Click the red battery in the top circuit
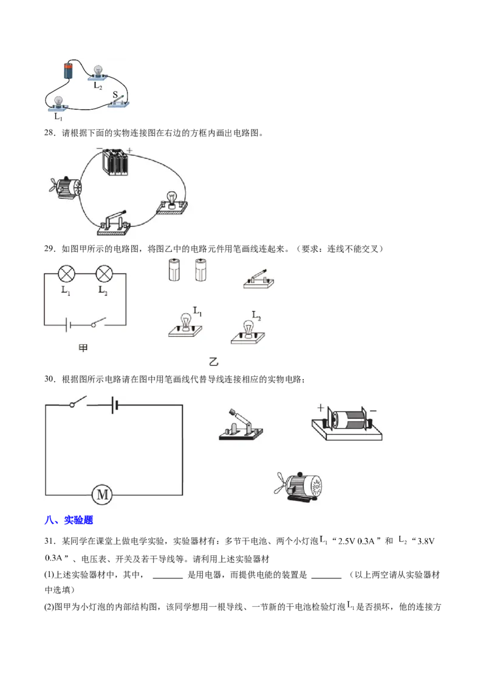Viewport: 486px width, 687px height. click(x=69, y=70)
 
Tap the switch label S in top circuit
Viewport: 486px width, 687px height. click(x=115, y=94)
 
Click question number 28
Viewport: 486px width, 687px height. click(x=50, y=133)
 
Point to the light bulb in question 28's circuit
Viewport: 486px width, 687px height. click(x=172, y=203)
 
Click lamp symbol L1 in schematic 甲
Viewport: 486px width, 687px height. click(x=67, y=274)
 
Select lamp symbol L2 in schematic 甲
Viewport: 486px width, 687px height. click(x=104, y=274)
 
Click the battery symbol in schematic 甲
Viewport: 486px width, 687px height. click(x=68, y=325)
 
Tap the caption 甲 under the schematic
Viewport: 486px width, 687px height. click(x=83, y=348)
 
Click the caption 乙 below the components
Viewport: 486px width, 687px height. click(x=214, y=362)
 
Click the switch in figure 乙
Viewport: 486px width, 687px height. click(x=259, y=279)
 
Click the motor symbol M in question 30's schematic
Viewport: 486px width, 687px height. click(x=102, y=495)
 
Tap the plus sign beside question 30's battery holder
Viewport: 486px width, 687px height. click(x=321, y=407)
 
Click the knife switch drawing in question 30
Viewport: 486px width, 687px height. click(x=241, y=425)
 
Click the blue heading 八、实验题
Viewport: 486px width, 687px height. click(x=69, y=520)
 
